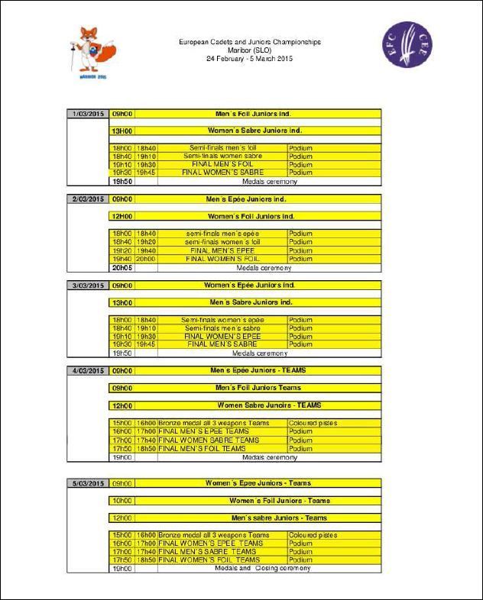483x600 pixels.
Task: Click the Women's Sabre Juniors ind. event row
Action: [256, 131]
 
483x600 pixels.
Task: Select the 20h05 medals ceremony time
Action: [122, 268]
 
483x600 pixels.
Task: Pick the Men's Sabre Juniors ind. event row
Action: [256, 302]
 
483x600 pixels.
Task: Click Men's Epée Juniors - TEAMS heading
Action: [256, 371]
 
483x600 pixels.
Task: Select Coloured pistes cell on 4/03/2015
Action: [313, 423]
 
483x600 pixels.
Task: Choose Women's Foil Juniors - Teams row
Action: [280, 501]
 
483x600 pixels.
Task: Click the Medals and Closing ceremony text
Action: [263, 569]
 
